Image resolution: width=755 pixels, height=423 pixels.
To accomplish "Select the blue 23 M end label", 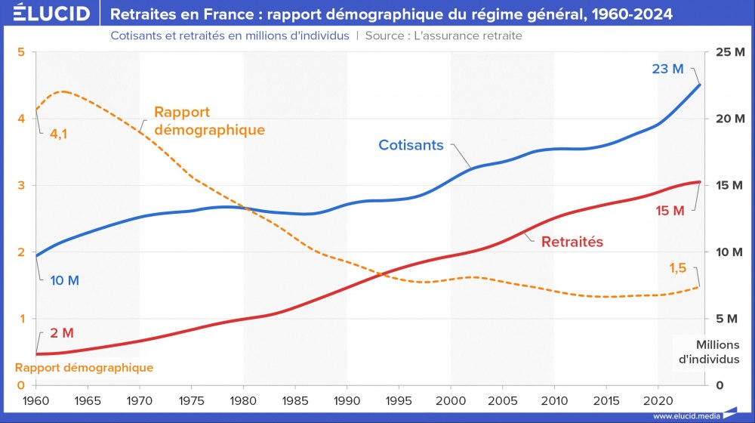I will coord(667,69).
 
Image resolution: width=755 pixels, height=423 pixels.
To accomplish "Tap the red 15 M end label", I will coord(670,211).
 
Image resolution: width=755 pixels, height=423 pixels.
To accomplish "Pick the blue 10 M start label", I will coord(65,280).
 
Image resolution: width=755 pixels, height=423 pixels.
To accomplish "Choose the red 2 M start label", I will coord(63,333).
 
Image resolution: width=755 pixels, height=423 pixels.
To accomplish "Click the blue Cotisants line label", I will coord(411,145).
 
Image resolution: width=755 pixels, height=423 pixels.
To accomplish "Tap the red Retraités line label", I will coord(572,242).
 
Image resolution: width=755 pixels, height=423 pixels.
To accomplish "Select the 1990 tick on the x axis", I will coord(347,400).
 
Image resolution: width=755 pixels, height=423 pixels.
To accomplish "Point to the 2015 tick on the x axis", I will coord(606,400).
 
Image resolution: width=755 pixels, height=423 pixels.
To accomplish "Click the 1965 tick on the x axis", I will coord(88,400).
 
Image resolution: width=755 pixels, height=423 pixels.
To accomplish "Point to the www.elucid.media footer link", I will coord(686,415).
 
